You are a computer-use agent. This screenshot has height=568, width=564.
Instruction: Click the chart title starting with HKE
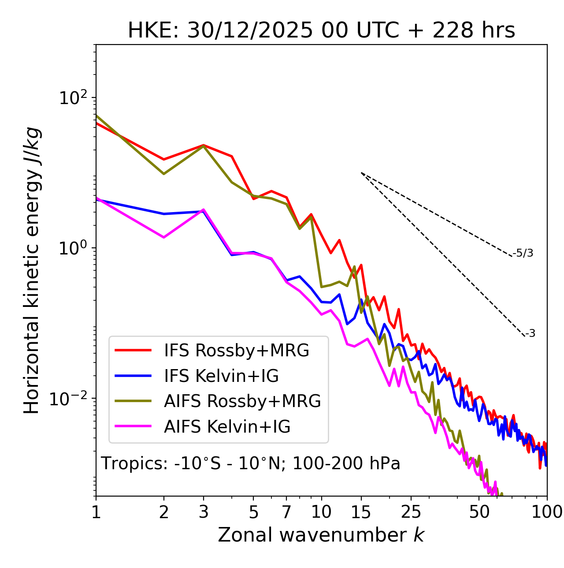321,31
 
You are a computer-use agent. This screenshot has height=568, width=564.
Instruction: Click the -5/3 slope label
523,253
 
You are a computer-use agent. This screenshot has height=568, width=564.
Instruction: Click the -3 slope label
531,334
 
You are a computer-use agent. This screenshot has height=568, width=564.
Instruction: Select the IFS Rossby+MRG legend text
237,350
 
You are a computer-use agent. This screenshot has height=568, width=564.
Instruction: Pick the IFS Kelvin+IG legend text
221,376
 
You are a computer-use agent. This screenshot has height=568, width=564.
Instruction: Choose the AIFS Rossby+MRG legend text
242,401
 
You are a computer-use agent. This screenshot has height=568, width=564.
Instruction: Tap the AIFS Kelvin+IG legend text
227,426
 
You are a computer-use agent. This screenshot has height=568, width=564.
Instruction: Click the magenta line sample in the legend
133,426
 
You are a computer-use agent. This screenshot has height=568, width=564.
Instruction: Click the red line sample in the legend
133,350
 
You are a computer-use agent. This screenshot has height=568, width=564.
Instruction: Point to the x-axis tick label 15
361,512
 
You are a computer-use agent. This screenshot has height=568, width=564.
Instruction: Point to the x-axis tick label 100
547,512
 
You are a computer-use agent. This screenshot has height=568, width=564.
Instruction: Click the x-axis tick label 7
286,512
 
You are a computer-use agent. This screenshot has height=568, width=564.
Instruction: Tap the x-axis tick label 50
479,512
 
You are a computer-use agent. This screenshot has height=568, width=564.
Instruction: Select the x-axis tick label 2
164,512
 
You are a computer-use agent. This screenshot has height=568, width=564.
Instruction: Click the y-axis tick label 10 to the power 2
72,98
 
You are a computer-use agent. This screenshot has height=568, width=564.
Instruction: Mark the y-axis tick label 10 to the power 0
72,248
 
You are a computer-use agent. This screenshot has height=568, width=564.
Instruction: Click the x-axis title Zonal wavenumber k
321,535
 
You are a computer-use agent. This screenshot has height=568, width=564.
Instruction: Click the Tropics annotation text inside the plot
250,463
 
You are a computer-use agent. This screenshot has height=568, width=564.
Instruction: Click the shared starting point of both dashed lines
361,173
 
